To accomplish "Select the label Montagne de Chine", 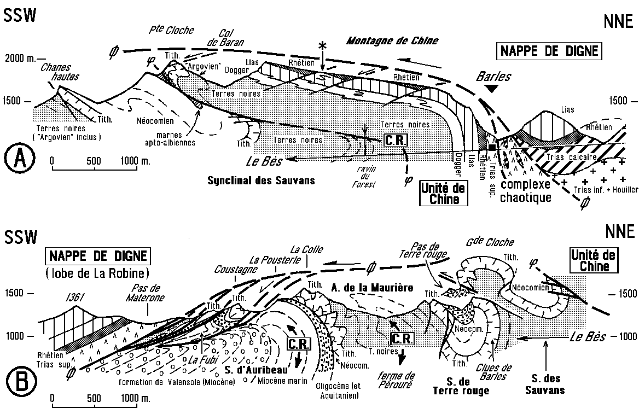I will coord(393,40).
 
